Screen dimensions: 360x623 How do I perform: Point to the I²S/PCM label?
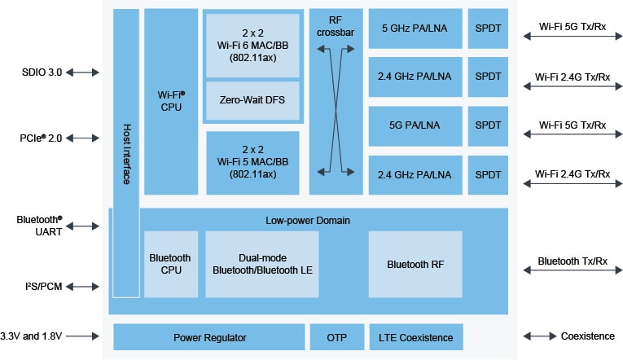38,287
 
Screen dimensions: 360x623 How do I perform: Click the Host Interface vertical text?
126,155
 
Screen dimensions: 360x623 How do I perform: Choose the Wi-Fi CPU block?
171,101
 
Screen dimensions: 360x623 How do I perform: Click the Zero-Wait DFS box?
252,100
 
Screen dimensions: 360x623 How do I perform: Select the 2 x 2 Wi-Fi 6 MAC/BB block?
252,43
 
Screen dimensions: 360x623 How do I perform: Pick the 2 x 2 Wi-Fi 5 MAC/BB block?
252,163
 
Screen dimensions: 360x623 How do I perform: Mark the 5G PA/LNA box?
414,125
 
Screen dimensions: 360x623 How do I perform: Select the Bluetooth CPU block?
170,264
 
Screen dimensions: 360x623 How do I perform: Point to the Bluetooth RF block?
415,264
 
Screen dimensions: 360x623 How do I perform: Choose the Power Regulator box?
209,336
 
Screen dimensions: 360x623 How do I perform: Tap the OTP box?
336,336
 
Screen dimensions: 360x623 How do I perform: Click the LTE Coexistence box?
415,336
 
